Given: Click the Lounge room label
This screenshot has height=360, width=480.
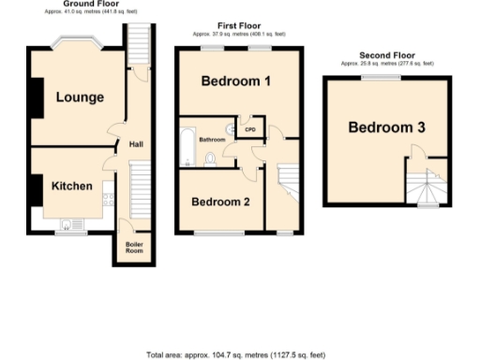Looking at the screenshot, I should (79, 97).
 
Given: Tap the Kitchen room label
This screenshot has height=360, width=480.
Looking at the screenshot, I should (71, 186).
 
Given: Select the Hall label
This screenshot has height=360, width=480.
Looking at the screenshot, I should (136, 144).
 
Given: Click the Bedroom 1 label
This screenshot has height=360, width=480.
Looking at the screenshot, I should (237, 82).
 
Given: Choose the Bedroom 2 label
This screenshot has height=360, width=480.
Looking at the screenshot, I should (220, 202).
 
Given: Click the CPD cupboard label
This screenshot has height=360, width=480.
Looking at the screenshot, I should (250, 129).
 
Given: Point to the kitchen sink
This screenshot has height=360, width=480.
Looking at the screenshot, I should (68, 224).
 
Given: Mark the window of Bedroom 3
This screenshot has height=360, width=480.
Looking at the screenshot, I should (381, 77).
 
